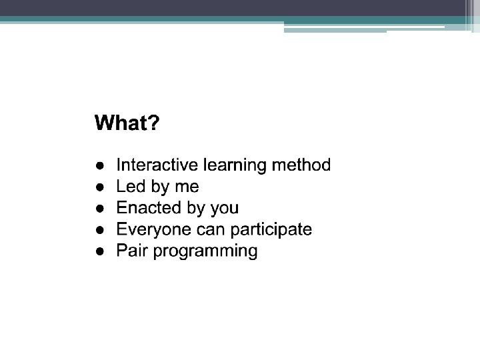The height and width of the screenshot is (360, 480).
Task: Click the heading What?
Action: click(x=127, y=123)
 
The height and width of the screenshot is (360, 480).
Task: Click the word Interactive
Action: click(x=157, y=165)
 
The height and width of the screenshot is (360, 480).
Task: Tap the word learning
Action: click(x=235, y=165)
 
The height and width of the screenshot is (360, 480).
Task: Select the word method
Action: click(x=301, y=165)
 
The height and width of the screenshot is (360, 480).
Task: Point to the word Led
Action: click(x=131, y=186)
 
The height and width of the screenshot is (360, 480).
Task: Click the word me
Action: click(x=187, y=187)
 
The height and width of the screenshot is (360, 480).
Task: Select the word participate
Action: click(x=271, y=230)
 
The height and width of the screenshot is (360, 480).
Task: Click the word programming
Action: click(x=205, y=251)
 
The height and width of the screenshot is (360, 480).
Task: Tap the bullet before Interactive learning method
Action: click(x=100, y=165)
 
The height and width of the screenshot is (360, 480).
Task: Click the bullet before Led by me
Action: click(x=100, y=187)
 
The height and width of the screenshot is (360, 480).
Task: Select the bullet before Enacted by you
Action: click(x=100, y=209)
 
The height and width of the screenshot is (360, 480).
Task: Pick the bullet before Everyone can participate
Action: click(x=100, y=230)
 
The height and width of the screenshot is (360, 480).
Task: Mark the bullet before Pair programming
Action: click(x=100, y=251)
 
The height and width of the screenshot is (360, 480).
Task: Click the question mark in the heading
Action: click(x=154, y=123)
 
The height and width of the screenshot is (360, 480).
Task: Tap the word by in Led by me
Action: click(x=160, y=187)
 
